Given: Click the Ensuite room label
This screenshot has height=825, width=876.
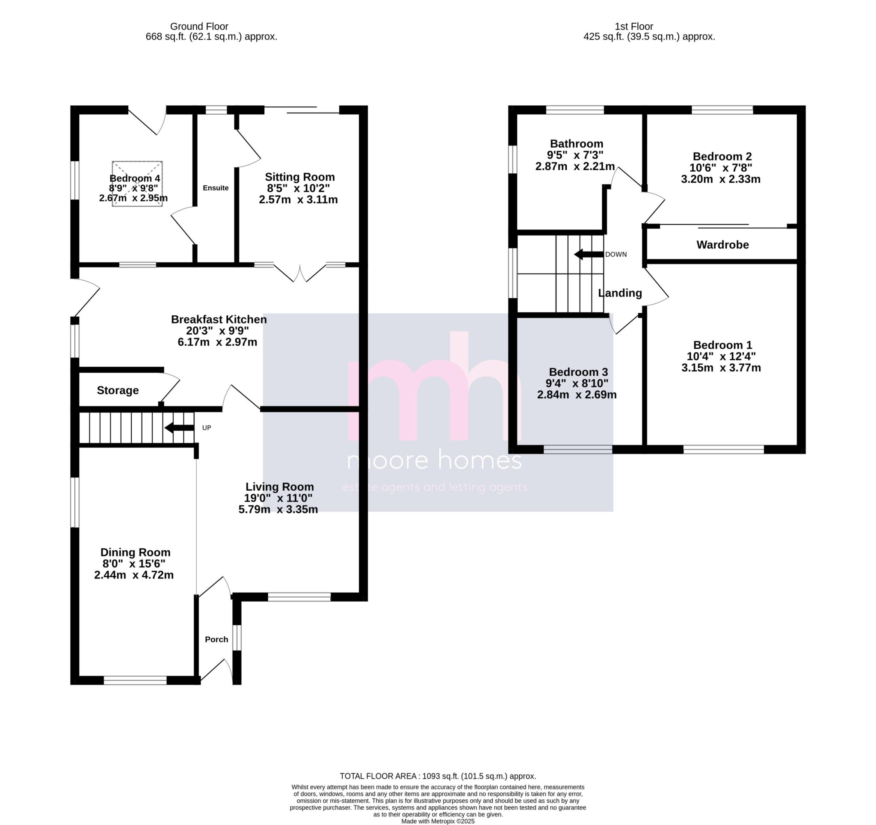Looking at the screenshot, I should pyautogui.click(x=216, y=188).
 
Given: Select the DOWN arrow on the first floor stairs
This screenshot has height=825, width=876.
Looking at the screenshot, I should pyautogui.click(x=588, y=254).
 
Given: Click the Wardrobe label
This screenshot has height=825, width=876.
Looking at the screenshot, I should pyautogui.click(x=722, y=245).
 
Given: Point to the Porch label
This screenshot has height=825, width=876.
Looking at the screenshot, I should pyautogui.click(x=216, y=639).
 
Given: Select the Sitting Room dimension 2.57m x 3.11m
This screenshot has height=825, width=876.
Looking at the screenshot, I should pyautogui.click(x=298, y=200).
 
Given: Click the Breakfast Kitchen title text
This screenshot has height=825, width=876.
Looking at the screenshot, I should pyautogui.click(x=219, y=319).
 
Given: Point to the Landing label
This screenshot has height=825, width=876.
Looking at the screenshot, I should pyautogui.click(x=619, y=293).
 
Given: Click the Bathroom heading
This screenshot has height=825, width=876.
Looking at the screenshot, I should pyautogui.click(x=576, y=144).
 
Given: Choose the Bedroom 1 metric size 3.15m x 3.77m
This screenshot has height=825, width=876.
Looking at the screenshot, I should pyautogui.click(x=721, y=368).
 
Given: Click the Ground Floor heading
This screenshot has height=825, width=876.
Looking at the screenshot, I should pyautogui.click(x=199, y=27).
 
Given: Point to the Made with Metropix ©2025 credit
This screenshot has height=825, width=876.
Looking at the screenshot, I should pyautogui.click(x=438, y=821).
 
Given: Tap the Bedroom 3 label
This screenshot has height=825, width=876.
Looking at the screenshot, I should pyautogui.click(x=578, y=372).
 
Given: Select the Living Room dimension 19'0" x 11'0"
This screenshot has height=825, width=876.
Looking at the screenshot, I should pyautogui.click(x=278, y=498).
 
